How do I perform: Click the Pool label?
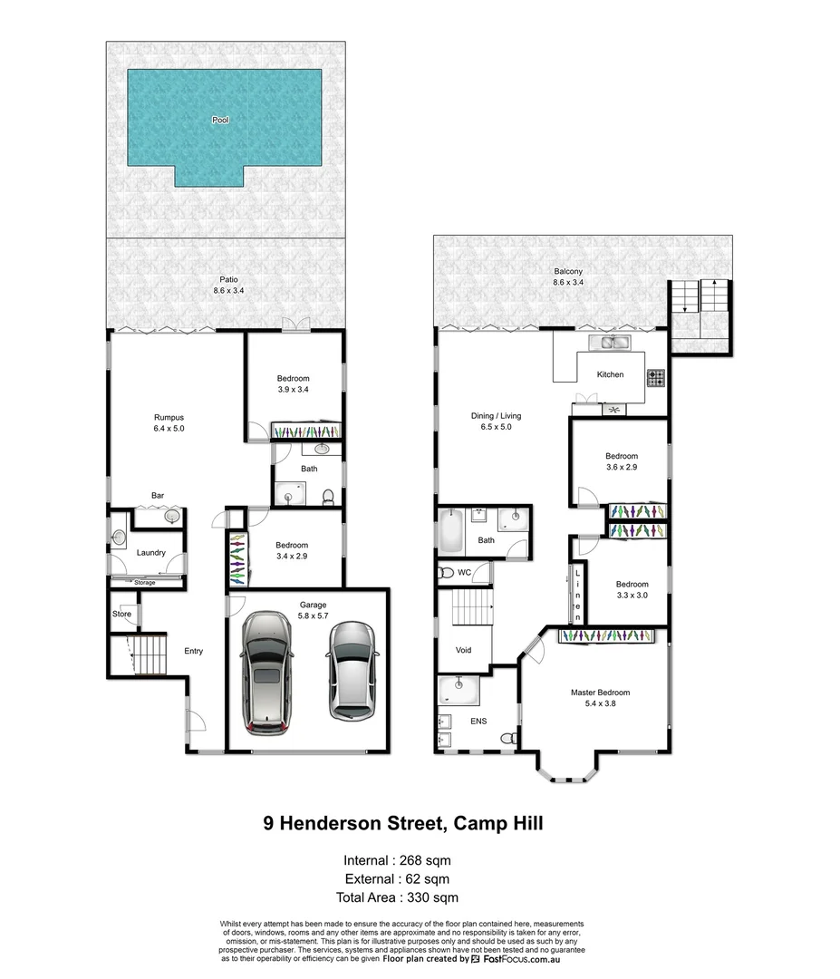click(220, 120)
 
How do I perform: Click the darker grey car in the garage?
click(266, 672)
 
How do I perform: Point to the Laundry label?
click(150, 552)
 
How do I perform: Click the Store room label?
click(121, 614)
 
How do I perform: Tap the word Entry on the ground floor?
click(193, 651)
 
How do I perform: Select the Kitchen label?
click(610, 374)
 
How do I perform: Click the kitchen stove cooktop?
click(655, 375)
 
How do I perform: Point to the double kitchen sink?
click(610, 342)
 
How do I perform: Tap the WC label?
click(464, 572)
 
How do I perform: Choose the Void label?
click(463, 650)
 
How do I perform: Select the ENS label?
click(478, 721)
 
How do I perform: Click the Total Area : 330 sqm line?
click(397, 897)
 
